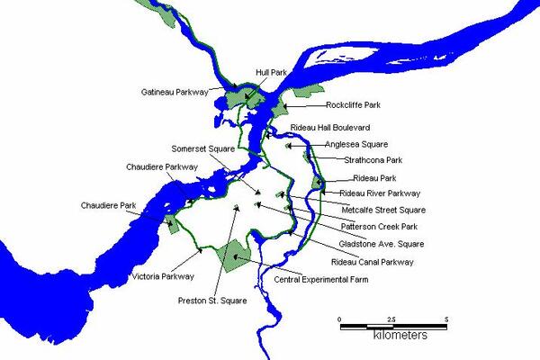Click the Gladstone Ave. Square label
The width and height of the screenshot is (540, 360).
[382, 243]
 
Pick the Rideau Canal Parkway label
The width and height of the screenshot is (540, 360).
[372, 262]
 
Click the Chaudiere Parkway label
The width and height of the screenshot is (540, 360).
[157, 166]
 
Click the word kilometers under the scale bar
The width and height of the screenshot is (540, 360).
[400, 336]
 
